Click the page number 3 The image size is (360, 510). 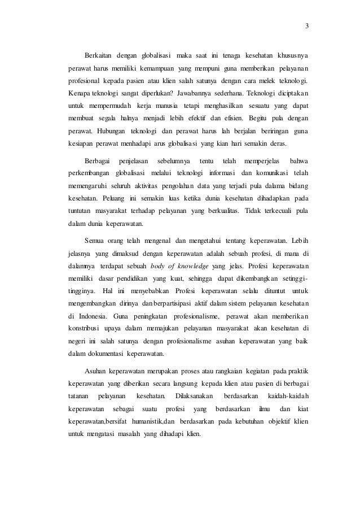pos(306,25)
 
